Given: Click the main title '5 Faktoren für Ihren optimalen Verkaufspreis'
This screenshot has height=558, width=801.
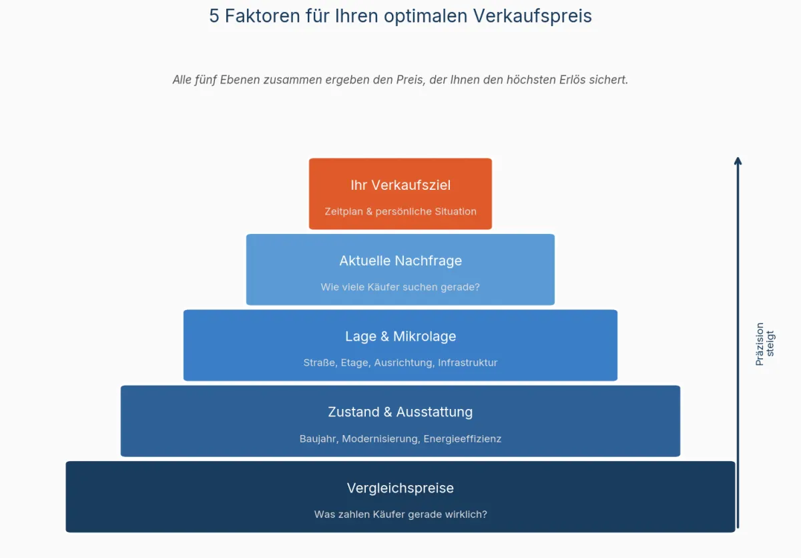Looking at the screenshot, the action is click(x=400, y=16).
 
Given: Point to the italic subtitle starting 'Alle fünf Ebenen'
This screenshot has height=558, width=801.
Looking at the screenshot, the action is click(x=400, y=80).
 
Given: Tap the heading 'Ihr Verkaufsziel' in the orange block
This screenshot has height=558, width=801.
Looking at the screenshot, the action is click(x=400, y=185).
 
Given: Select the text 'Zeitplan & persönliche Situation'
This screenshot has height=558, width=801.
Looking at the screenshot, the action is click(x=400, y=212).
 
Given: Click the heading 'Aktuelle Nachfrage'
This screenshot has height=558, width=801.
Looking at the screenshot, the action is click(x=400, y=261).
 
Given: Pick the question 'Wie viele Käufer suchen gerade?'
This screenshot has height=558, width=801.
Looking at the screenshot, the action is click(x=400, y=287).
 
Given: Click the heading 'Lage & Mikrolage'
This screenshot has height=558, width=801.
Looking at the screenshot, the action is click(x=400, y=336).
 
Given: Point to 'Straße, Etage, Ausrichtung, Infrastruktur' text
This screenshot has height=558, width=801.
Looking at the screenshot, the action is click(x=400, y=363).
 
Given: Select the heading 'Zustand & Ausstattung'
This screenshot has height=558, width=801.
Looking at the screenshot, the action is click(x=400, y=412).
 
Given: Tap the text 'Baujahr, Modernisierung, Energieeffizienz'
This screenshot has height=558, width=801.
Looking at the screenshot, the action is click(x=400, y=439).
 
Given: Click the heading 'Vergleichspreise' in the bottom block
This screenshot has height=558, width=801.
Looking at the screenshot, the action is click(x=400, y=489).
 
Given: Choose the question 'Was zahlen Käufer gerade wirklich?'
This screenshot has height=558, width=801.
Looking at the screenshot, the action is click(x=400, y=515).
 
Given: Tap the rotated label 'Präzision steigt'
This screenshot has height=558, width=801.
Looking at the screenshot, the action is click(x=765, y=344).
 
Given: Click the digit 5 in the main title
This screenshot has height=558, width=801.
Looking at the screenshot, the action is click(x=214, y=16).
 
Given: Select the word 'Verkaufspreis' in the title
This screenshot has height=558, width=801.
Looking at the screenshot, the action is click(x=533, y=17).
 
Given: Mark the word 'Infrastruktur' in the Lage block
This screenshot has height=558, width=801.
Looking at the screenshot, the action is click(x=468, y=363).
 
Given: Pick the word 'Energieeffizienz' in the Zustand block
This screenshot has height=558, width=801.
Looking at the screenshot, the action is click(x=463, y=439).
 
